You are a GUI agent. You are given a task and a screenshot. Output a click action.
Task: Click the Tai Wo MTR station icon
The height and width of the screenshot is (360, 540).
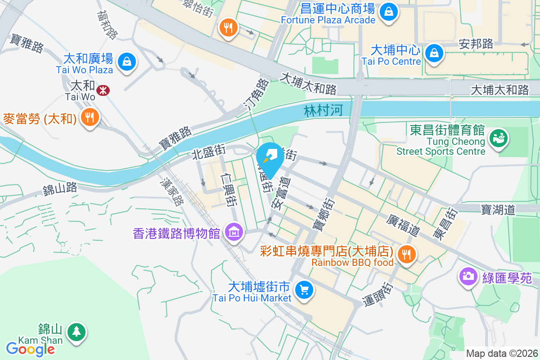103,90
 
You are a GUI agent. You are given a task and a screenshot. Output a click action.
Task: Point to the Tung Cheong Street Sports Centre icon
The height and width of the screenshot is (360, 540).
498,138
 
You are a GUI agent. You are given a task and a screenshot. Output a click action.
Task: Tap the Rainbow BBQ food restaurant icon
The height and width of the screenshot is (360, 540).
407,254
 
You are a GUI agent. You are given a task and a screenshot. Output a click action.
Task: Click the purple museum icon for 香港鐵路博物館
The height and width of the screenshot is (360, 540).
234,232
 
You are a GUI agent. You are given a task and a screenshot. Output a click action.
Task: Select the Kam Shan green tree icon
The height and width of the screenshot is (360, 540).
76,332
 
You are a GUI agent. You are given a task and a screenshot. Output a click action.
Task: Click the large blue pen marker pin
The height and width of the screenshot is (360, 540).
270,156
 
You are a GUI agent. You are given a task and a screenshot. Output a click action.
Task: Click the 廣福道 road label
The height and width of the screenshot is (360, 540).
403,225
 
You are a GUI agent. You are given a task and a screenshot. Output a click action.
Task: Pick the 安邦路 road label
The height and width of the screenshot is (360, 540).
476,44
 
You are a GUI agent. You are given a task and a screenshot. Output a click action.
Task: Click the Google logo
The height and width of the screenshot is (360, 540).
30,349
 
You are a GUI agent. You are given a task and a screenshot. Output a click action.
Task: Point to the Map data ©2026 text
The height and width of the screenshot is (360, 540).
502,353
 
